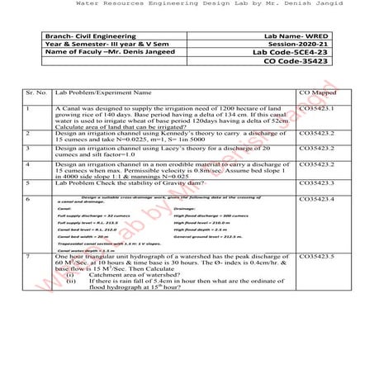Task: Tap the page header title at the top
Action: tap(187, 5)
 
